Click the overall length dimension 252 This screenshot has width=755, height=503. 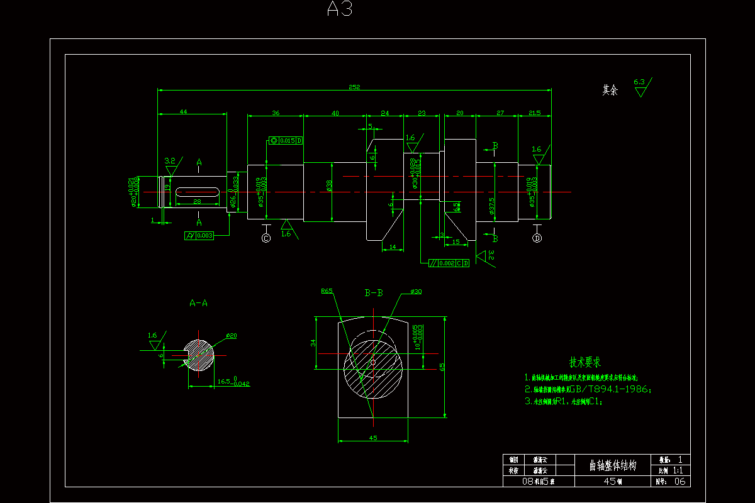[354, 87]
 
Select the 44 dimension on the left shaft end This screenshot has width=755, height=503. [184, 111]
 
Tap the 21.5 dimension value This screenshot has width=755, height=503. [535, 113]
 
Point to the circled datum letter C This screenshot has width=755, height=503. [266, 238]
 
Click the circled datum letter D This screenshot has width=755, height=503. [537, 238]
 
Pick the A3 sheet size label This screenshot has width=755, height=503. [340, 9]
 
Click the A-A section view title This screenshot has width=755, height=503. [199, 303]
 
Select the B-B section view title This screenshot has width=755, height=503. [374, 293]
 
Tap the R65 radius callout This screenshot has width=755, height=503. [327, 291]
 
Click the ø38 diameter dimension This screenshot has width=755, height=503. [329, 187]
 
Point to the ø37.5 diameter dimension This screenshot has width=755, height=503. [491, 206]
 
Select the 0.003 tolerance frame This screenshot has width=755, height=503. [200, 236]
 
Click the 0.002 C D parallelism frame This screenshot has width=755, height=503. [449, 263]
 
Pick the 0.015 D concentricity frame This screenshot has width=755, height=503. [286, 140]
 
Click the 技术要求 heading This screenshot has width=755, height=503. [585, 362]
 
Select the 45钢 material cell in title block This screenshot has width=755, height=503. [612, 482]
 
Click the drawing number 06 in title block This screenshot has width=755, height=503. [679, 482]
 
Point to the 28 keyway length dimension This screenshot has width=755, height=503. [197, 201]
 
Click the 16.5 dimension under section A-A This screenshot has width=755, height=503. [224, 382]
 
